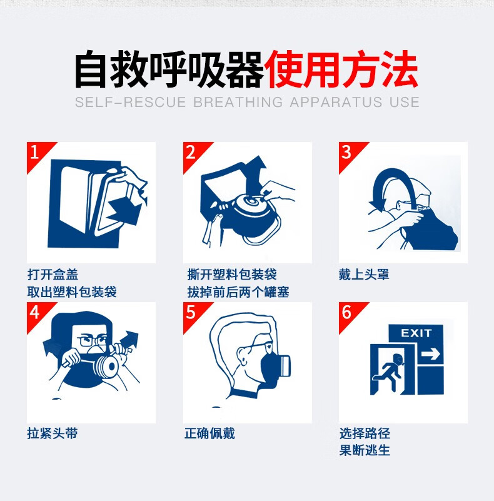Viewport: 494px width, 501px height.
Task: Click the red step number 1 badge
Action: coord(36,152)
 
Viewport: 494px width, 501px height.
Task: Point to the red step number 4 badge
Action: coord(36,312)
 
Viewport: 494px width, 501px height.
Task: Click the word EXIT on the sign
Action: coord(416,333)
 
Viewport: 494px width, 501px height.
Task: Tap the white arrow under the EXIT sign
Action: coord(431,355)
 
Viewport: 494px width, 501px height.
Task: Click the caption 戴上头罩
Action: coord(364,275)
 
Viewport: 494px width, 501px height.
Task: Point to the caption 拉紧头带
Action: coord(53,433)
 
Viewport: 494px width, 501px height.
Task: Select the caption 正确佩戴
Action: coord(209,433)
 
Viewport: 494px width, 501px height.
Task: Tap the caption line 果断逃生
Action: coord(365,450)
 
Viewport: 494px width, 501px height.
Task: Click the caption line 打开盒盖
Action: coord(53,275)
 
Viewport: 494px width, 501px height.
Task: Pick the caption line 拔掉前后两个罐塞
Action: coord(238,292)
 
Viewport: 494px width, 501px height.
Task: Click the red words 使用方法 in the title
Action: coord(341,71)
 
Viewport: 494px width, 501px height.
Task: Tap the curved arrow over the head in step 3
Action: coord(388,181)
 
